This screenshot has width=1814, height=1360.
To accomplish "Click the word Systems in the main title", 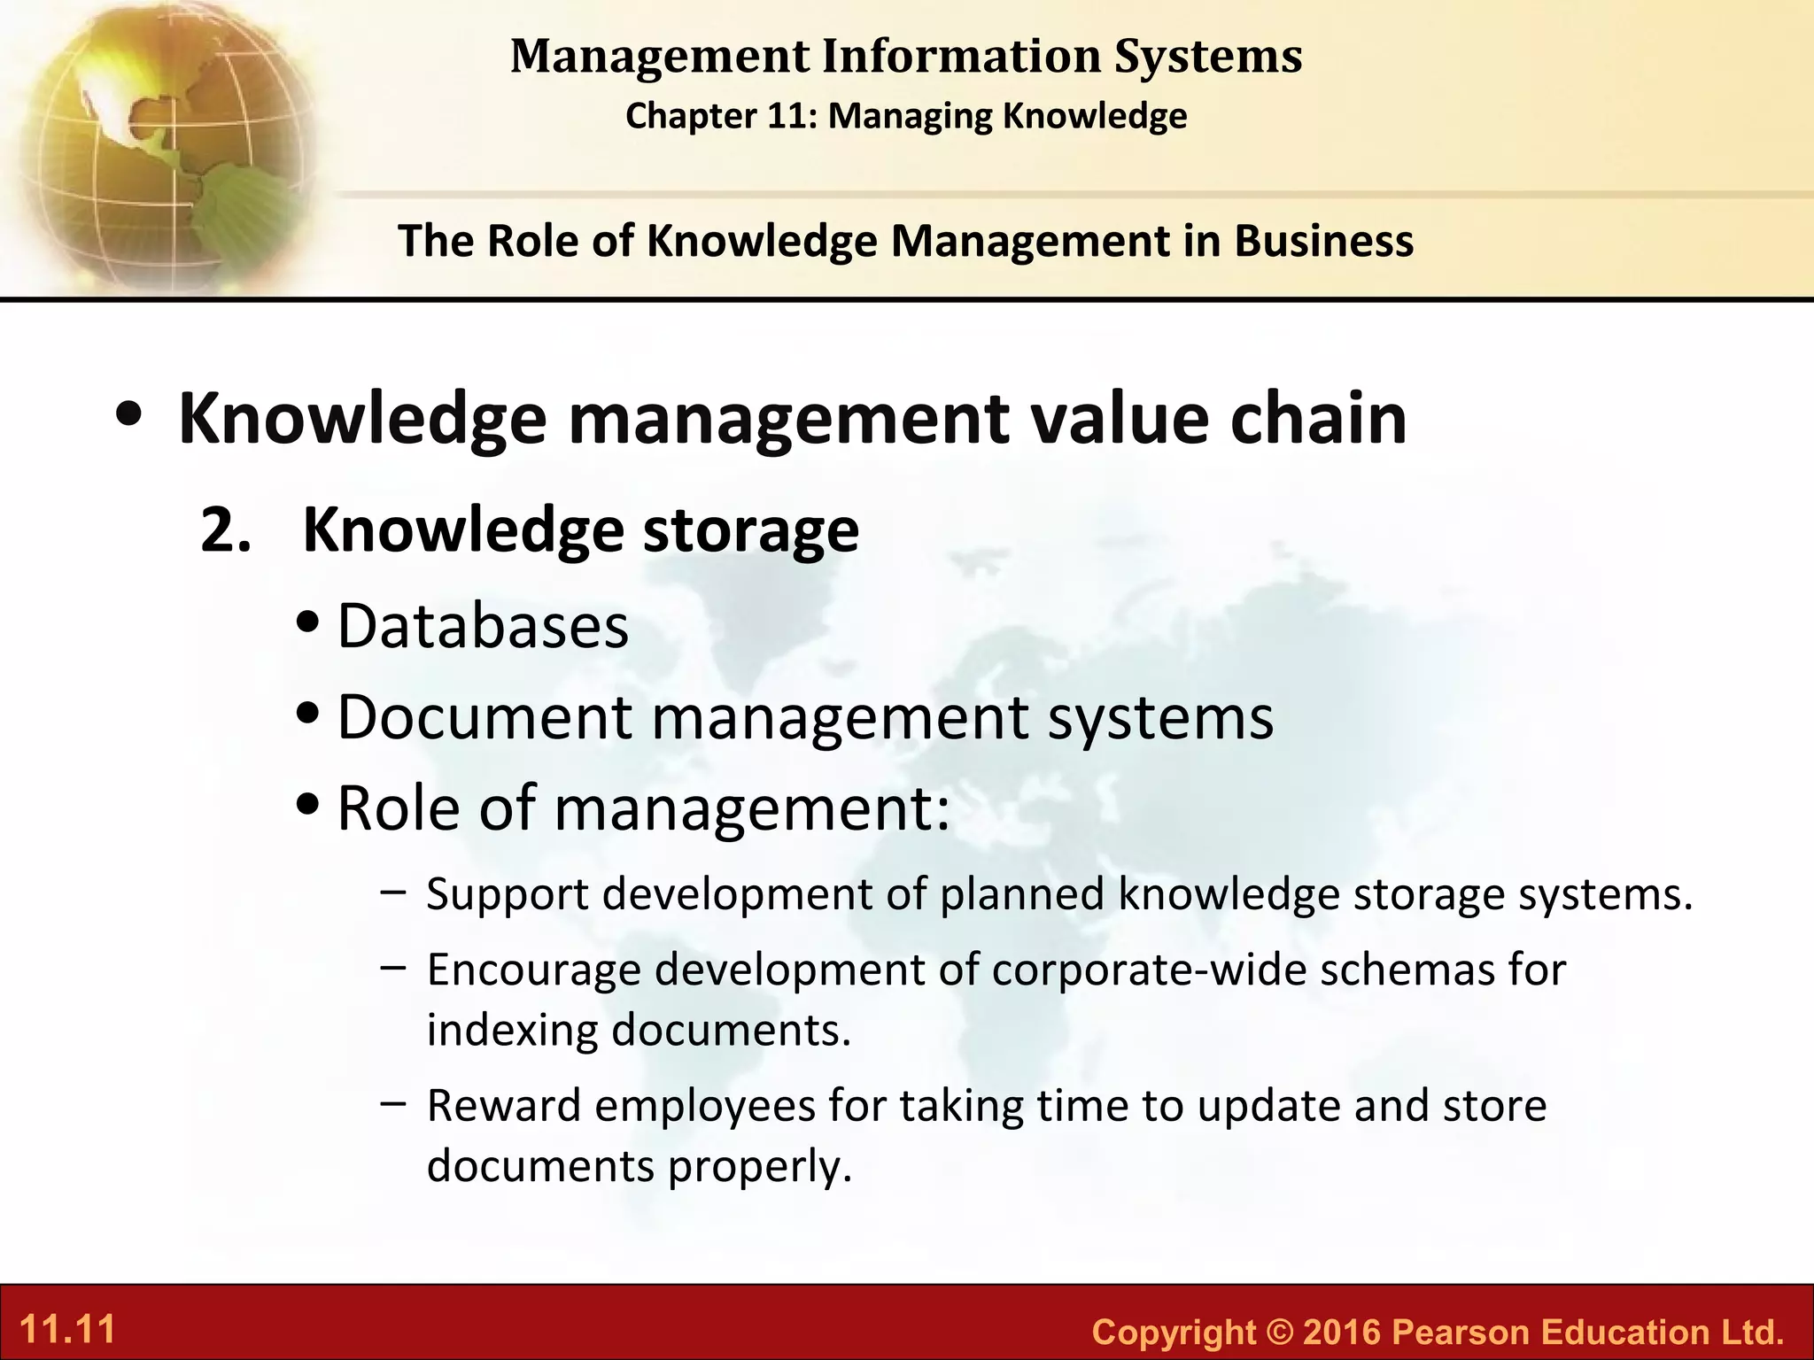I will tap(1207, 56).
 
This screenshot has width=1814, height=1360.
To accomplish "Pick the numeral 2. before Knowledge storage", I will tap(226, 530).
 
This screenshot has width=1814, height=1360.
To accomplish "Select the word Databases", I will tap(483, 626).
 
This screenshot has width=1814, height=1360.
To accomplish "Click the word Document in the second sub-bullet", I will tap(485, 716).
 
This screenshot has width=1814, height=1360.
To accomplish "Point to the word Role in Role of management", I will tap(398, 807).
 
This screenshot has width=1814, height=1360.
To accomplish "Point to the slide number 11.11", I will tap(67, 1330).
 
